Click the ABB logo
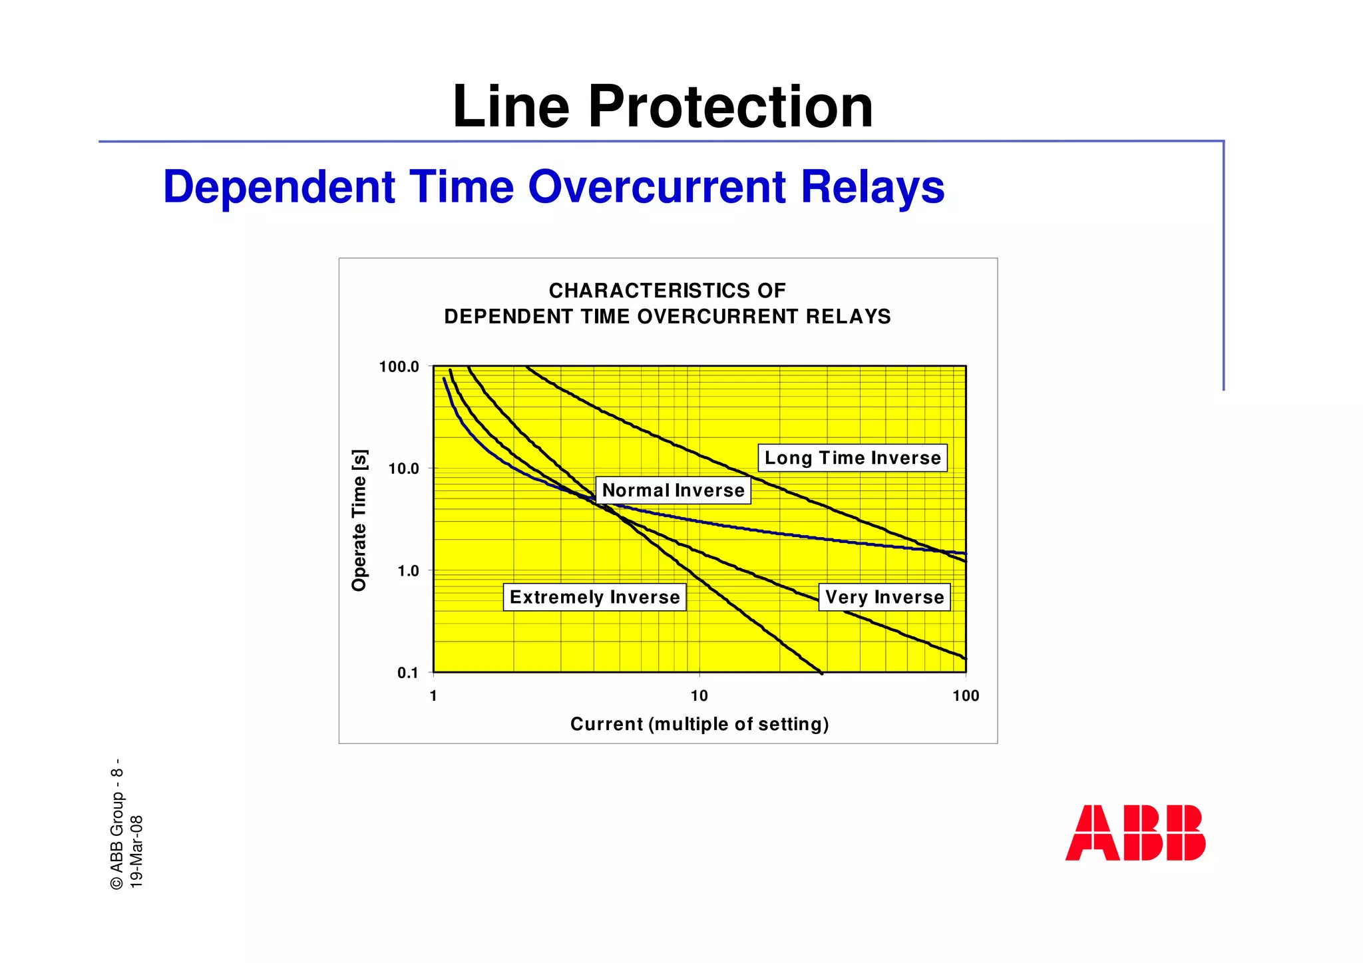point(1135,833)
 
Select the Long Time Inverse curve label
point(853,458)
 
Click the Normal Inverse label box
point(673,490)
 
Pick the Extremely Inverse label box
point(594,597)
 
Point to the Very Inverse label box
point(884,597)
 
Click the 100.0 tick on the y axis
point(399,367)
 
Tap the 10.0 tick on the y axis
point(404,469)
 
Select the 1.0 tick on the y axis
point(408,571)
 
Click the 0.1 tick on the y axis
point(408,673)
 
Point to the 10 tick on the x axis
point(699,696)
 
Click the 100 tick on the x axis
point(965,696)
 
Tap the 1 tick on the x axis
point(433,696)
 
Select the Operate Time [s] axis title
point(359,520)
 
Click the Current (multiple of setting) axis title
point(699,724)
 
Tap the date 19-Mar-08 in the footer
point(136,851)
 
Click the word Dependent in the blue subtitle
point(280,186)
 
